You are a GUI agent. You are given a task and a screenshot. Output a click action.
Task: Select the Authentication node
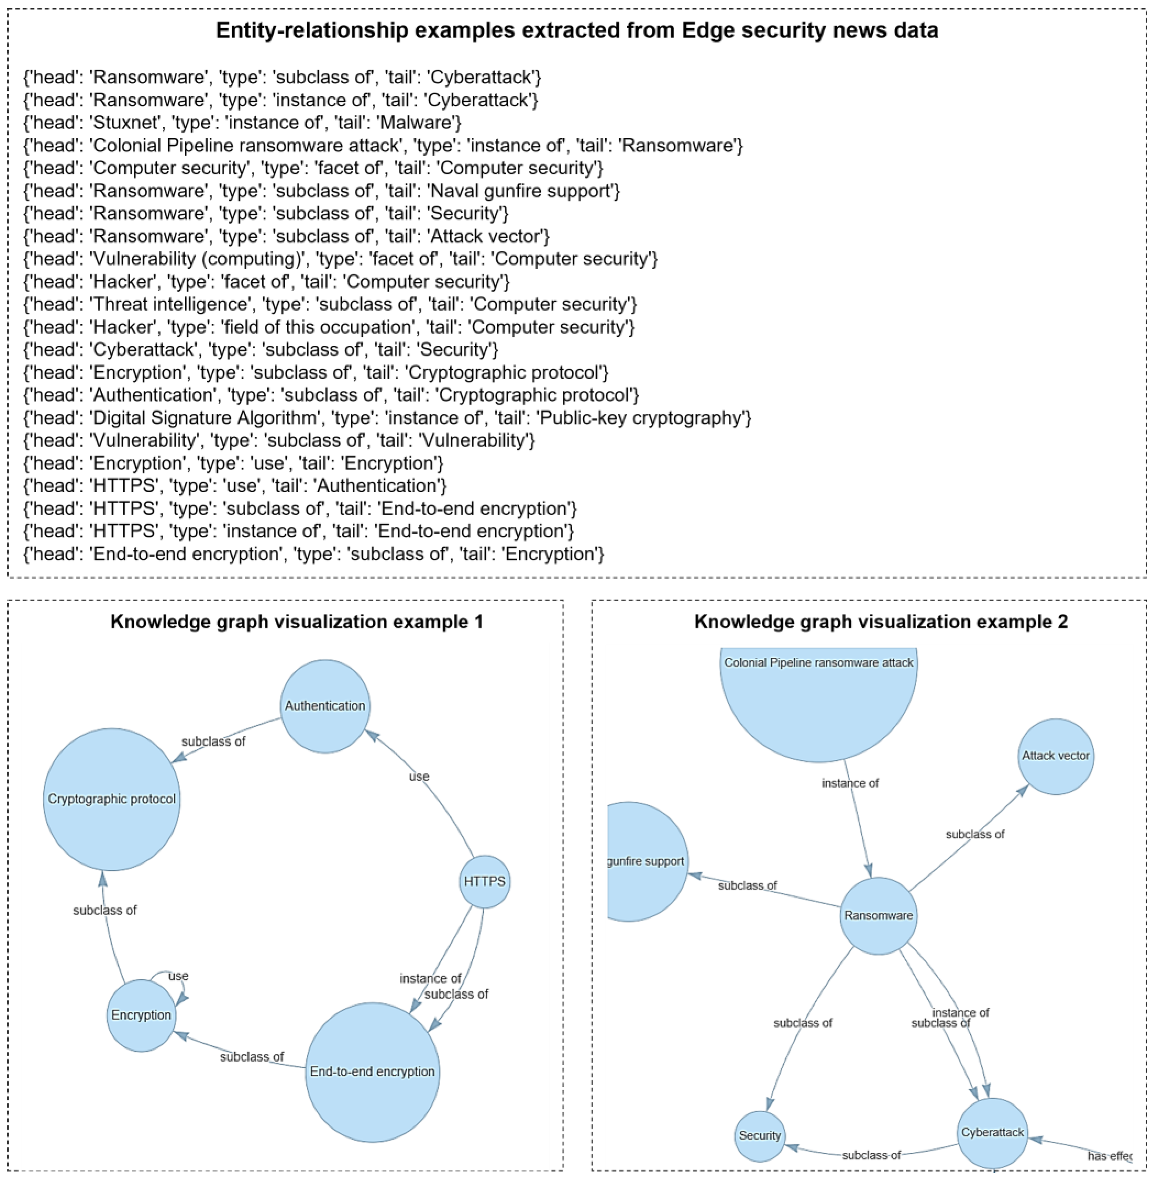pyautogui.click(x=325, y=706)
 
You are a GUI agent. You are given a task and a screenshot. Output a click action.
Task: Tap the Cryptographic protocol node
pyautogui.click(x=111, y=799)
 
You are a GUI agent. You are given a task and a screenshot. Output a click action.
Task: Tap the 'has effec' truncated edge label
pyautogui.click(x=1109, y=1156)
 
